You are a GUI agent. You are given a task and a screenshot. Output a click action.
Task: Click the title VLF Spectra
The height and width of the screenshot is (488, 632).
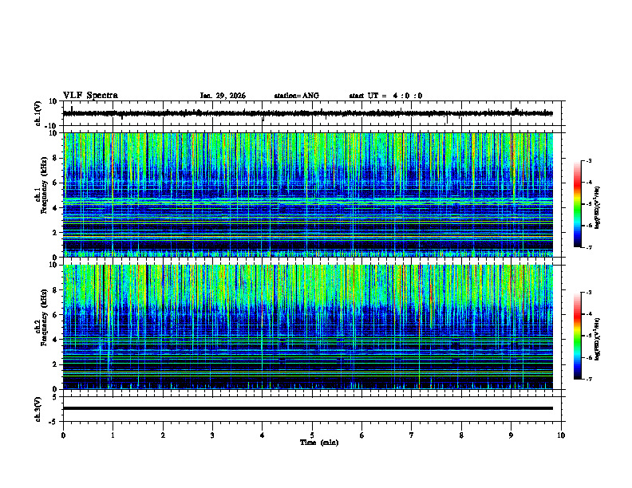(90, 95)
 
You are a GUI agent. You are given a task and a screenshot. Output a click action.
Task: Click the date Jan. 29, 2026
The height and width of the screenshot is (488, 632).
(223, 96)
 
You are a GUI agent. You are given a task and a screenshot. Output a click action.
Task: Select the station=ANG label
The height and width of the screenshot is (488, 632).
(296, 96)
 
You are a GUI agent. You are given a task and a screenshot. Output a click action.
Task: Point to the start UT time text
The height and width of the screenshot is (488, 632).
(385, 96)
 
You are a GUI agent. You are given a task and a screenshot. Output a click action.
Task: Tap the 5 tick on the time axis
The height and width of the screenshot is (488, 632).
(312, 435)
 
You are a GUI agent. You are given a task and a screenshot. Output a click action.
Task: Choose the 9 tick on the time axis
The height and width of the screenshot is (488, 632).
(512, 435)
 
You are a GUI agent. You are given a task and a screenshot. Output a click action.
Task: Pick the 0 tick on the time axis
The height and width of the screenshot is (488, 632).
(63, 435)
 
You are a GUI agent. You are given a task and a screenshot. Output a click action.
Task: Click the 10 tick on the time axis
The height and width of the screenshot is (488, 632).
(561, 435)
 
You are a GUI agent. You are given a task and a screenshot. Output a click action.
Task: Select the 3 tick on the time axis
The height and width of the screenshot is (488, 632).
(212, 435)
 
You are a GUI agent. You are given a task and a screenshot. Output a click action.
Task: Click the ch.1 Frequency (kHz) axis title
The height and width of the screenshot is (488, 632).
(41, 195)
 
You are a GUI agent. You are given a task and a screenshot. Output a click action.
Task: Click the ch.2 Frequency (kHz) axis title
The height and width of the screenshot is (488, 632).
(41, 327)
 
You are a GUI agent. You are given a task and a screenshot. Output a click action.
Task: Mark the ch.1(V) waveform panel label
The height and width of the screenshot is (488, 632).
(38, 113)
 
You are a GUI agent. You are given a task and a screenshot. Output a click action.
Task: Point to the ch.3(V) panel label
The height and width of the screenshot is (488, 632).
(38, 408)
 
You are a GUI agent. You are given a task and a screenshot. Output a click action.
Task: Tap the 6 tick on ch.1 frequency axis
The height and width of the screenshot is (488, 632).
(54, 183)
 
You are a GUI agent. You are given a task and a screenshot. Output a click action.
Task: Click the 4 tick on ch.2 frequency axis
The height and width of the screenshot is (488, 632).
(54, 340)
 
